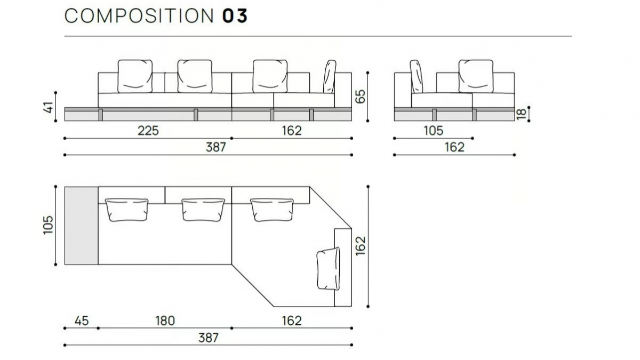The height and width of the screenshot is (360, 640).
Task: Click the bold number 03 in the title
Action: point(235,15)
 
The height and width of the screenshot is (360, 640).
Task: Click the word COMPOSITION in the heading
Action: point(139,15)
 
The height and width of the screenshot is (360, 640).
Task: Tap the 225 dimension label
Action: point(148,131)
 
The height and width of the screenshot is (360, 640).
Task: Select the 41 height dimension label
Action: point(49,107)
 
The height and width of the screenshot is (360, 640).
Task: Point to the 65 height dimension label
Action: point(360,97)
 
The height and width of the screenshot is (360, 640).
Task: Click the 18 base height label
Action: point(521,114)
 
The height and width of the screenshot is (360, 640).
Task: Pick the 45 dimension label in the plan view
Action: point(82,321)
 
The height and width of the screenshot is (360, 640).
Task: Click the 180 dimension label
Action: point(165,321)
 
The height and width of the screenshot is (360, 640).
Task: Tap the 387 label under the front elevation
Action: point(216,147)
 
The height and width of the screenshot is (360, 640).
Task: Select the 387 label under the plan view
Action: point(209,338)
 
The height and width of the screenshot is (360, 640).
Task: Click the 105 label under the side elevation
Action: point(434,131)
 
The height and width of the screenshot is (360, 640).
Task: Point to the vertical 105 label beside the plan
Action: point(49,225)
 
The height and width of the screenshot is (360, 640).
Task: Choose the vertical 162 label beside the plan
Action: point(361,246)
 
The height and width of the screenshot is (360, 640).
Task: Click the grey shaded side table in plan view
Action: point(82,226)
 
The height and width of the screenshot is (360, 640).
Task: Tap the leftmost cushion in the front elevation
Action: point(135,76)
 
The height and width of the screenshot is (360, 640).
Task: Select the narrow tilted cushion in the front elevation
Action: point(330,77)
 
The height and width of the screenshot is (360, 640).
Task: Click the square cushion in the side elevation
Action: point(476,76)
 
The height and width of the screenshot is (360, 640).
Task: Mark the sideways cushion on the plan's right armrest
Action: point(329,269)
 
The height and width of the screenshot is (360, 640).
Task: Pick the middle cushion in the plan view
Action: point(203,210)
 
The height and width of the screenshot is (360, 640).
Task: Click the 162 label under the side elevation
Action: point(454,147)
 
